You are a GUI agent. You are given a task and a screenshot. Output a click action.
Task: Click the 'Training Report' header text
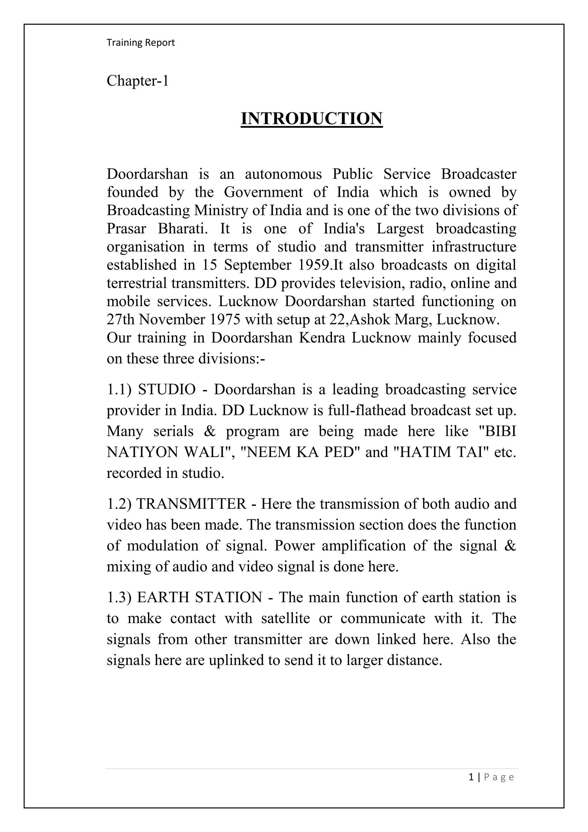click(x=140, y=43)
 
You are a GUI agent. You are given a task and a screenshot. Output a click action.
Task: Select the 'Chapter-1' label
click(x=138, y=80)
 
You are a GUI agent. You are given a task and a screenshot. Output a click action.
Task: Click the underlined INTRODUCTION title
click(x=312, y=118)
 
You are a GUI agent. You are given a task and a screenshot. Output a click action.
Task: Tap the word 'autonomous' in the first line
click(x=283, y=174)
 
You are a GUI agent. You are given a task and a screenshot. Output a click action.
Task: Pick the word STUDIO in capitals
click(x=167, y=389)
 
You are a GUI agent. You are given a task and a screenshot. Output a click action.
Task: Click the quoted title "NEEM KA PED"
click(x=297, y=452)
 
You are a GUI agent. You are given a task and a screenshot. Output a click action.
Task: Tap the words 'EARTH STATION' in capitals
click(x=200, y=597)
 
